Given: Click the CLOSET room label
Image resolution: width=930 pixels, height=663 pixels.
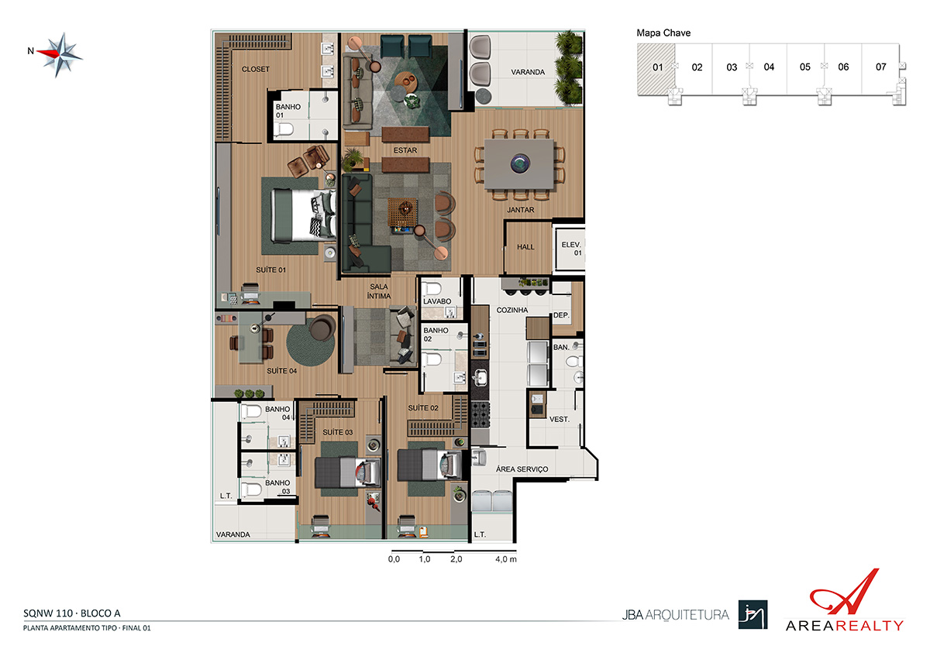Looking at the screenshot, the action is pos(255,69).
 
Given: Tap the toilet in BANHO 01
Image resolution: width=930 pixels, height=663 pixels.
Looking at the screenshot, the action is pos(284,130).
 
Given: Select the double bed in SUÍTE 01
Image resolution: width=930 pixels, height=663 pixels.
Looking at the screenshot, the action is pos(303,215).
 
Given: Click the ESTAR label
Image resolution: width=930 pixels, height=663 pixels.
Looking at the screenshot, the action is pos(405,150).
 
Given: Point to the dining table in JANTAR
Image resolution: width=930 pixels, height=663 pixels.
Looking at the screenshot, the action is pos(519,163).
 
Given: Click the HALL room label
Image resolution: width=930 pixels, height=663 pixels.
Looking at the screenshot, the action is pos(525,247).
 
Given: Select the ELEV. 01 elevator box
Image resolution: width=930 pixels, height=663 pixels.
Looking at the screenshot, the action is pos(570,249).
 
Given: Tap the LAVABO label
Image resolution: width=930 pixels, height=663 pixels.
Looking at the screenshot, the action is pos(437,301).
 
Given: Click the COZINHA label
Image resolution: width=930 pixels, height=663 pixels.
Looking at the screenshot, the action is pos(512,310).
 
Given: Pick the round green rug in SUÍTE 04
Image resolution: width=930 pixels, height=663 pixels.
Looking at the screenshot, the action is pos(311,345).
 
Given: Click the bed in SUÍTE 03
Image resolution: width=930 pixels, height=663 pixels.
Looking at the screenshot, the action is pos(348,472).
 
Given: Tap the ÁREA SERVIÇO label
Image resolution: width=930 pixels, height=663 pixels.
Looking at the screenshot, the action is pos(522,469).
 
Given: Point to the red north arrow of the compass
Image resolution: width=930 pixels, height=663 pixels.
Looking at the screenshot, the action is pos(49,53).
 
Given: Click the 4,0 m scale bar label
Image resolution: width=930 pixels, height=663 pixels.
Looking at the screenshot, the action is pos(505,559).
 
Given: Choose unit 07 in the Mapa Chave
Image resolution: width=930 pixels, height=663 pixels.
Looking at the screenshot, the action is pos(880,67).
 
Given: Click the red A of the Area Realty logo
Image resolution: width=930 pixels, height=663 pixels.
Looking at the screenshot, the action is pos(843,592).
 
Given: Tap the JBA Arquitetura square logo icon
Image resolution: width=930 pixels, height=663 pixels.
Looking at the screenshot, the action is pos(753,614).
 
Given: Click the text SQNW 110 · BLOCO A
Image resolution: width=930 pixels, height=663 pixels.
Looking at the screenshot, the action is pos(72,613).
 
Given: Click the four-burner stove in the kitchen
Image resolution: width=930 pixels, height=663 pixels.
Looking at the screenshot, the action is pos(480,414).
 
